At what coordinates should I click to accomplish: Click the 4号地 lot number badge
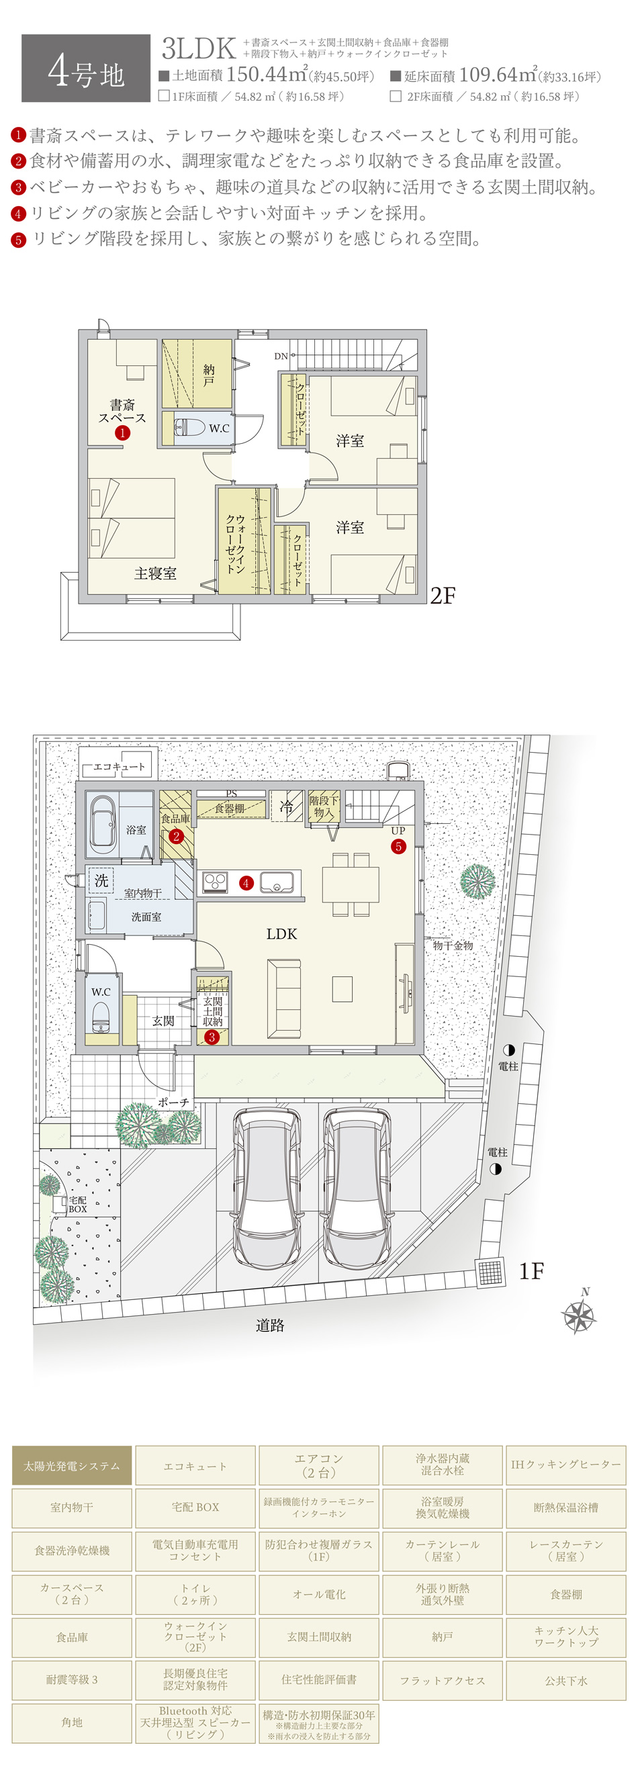pos(86,68)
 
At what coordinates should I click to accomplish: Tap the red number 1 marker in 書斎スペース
pos(122,432)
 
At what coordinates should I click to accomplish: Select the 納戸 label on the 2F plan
pos(208,375)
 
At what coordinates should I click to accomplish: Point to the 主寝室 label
pos(155,573)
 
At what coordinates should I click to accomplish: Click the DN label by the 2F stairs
pos(281,356)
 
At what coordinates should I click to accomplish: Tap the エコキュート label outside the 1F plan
pos(119,767)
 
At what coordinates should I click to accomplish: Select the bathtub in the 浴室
pos(102,823)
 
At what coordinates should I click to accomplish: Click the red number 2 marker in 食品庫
pos(177,836)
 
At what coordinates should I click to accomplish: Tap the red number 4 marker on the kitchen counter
pos(246,882)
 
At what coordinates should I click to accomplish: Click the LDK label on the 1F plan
pos(281,933)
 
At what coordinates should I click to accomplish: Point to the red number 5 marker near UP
pos(398,846)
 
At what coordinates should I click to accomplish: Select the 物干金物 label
pos(453,945)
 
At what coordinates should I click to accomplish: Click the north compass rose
pos(579,1314)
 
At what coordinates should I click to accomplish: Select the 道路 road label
pos(269,1325)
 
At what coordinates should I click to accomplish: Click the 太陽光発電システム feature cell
pos(72,1465)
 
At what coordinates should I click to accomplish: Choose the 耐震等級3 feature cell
pos(72,1679)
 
